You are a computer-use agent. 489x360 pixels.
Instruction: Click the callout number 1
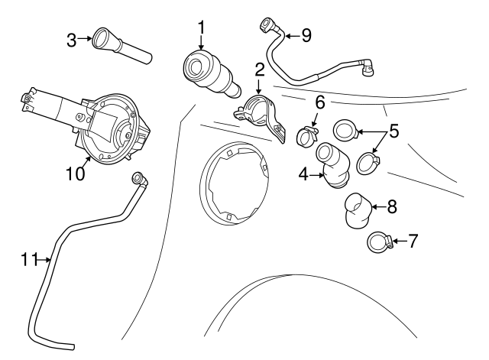pos(202,28)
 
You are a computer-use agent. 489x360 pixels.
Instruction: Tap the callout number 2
pos(260,70)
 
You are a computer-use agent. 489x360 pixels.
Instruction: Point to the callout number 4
pos(303,174)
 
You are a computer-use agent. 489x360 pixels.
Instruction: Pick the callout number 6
pos(320,102)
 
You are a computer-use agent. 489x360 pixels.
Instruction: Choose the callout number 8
pos(392,206)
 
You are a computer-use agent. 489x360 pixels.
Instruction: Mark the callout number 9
pos(306,34)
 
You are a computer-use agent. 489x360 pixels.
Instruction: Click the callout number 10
pos(75,174)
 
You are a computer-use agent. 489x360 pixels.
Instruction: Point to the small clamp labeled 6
pos(307,137)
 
